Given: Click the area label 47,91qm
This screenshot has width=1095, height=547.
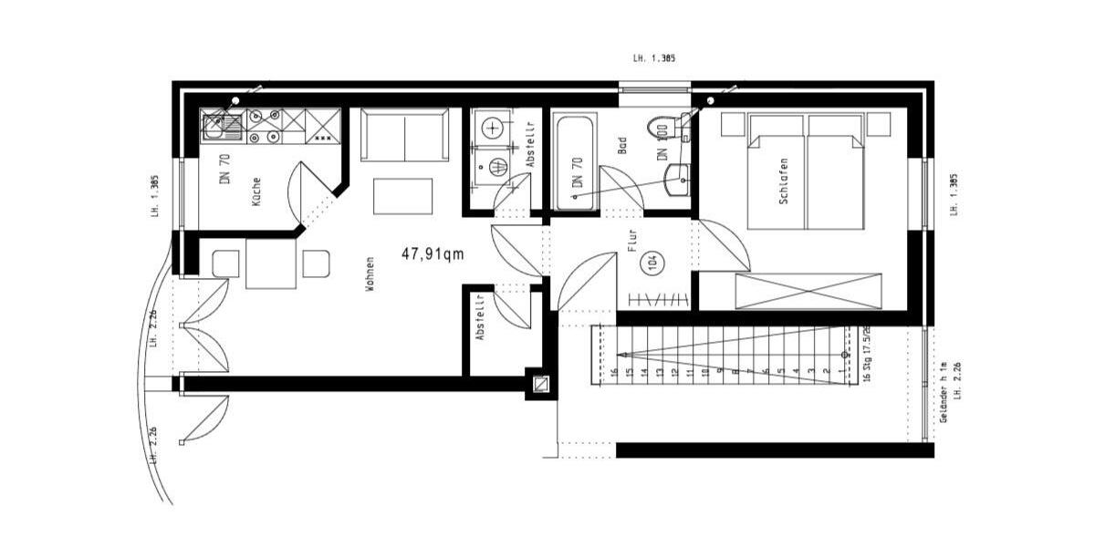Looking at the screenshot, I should click(433, 254).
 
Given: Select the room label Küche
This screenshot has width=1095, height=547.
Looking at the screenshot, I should click(256, 191).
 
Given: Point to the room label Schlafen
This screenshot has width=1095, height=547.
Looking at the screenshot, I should click(783, 181).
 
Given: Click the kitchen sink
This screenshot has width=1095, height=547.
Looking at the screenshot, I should click(217, 127).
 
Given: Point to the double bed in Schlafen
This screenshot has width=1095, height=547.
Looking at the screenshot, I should click(806, 171).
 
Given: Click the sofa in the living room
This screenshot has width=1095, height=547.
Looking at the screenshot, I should click(405, 134).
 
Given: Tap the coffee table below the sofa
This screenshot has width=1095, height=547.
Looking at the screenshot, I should click(403, 196).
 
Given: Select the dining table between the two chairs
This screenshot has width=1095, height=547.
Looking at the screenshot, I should click(271, 263).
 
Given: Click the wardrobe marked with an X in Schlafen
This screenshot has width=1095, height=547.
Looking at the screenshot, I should click(808, 292).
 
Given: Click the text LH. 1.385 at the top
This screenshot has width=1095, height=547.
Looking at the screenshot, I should click(653, 58).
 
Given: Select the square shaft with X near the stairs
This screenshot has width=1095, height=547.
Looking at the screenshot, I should click(541, 384).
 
